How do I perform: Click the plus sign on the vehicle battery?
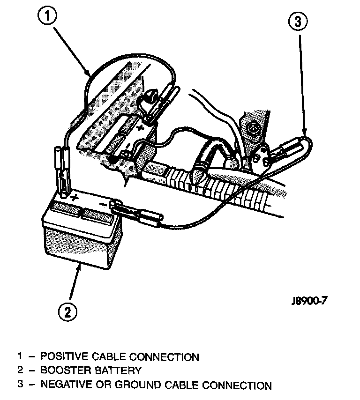140,126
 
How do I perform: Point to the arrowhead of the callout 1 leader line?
89,74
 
